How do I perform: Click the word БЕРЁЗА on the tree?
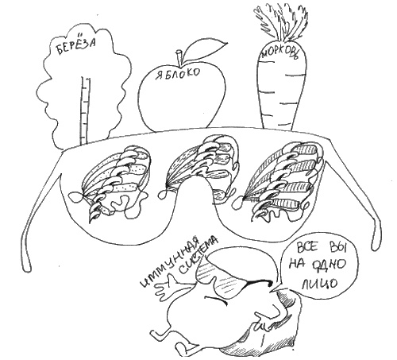click(x=76, y=46)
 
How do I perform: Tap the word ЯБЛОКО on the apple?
click(x=178, y=74)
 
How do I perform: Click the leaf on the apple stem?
click(x=205, y=48)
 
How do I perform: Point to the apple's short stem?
click(x=179, y=57)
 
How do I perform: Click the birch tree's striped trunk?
click(x=85, y=110)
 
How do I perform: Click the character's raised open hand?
click(x=166, y=288)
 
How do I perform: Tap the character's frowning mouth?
click(x=215, y=300)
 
